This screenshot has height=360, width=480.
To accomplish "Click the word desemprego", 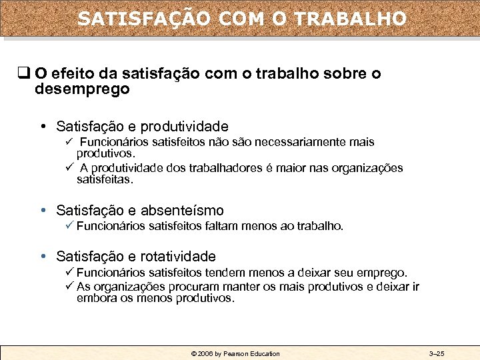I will pos(83,89).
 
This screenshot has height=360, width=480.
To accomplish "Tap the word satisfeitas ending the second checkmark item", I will pos(105,179).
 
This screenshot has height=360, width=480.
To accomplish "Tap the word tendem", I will pos(227,273).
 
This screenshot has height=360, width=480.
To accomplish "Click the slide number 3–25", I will pos(437,353).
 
